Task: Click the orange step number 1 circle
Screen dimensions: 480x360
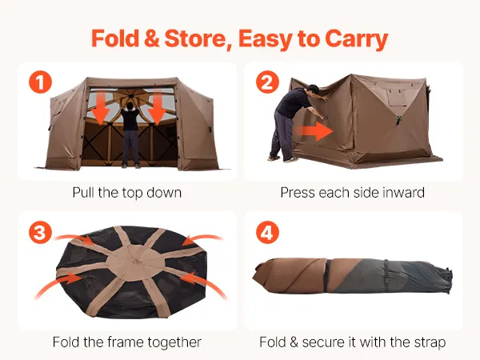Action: point(41,82)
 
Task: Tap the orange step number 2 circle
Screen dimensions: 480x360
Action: point(267,82)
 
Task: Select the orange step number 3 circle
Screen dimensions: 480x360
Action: point(41,232)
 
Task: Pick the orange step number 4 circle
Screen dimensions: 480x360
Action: point(267,232)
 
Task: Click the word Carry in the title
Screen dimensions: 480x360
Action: point(356,39)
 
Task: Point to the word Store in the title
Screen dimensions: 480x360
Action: point(198,38)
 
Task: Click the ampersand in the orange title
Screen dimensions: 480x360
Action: point(151,38)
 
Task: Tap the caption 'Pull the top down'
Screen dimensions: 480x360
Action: point(127,193)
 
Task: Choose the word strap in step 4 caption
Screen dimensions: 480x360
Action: point(430,342)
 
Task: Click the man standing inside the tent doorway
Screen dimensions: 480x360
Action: point(130,134)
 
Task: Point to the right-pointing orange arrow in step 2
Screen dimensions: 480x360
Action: point(314,131)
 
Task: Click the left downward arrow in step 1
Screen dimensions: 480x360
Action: point(101,108)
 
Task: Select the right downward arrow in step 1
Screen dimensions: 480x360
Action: point(158,108)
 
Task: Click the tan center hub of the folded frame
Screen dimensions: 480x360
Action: point(134,262)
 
